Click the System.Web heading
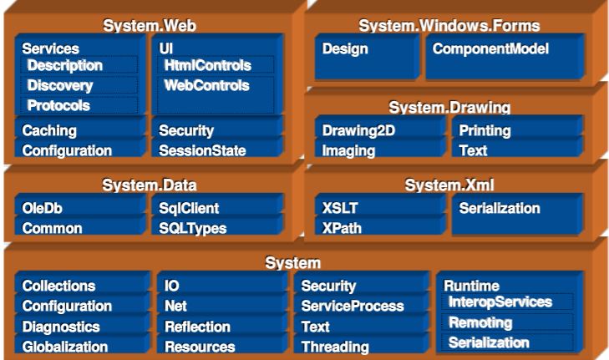[x=150, y=26]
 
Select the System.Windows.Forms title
[x=449, y=26]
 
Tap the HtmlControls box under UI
[x=216, y=65]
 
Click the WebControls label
[x=206, y=85]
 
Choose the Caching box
[x=79, y=130]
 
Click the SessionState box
[x=217, y=150]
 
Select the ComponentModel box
[x=505, y=57]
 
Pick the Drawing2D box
[x=380, y=130]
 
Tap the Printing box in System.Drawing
[x=517, y=130]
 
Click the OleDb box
[x=79, y=208]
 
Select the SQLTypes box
[x=217, y=228]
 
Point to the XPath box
[x=380, y=228]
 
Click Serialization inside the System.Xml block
[x=517, y=215]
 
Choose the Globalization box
[x=82, y=347]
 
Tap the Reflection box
[x=221, y=327]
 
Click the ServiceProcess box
[x=361, y=306]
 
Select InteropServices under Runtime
[x=507, y=302]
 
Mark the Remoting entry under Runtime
[x=507, y=322]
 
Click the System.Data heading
[x=150, y=185]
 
